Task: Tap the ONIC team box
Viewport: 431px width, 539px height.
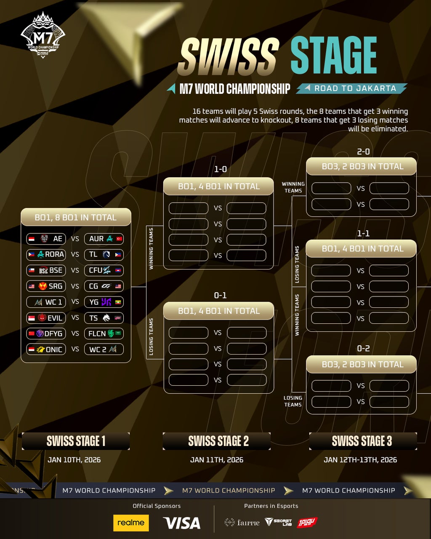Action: pyautogui.click(x=46, y=349)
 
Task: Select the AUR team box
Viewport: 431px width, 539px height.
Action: pyautogui.click(x=104, y=239)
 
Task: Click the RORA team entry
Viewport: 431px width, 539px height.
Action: pyautogui.click(x=46, y=254)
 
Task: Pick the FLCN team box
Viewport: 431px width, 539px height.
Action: pyautogui.click(x=104, y=334)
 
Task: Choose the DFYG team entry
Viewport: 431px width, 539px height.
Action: pyautogui.click(x=46, y=334)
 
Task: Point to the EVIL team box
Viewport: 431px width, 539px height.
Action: pyautogui.click(x=46, y=318)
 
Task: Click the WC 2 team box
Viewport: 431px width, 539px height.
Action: pyautogui.click(x=104, y=349)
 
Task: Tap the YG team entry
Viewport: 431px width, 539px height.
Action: pyautogui.click(x=104, y=302)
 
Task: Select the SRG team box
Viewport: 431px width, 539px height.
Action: pyautogui.click(x=46, y=286)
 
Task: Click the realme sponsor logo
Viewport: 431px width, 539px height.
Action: pyautogui.click(x=131, y=523)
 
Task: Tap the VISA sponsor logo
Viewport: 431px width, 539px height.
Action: pyautogui.click(x=182, y=523)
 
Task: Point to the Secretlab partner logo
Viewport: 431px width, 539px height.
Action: pyautogui.click(x=278, y=522)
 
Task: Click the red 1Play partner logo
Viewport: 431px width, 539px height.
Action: pyautogui.click(x=307, y=522)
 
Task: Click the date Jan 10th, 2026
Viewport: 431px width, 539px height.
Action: pyautogui.click(x=74, y=460)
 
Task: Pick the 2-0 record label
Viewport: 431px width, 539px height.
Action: pyautogui.click(x=363, y=152)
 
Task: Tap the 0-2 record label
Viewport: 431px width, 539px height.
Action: pyautogui.click(x=363, y=348)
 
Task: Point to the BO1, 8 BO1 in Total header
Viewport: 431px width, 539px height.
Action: pyautogui.click(x=76, y=217)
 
